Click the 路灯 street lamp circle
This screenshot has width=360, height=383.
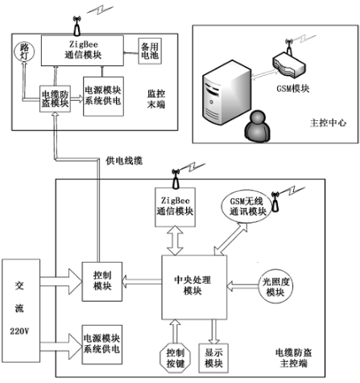[x=24, y=52]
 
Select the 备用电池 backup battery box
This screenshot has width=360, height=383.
[x=150, y=51]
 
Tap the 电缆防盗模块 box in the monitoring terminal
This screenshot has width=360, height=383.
[x=56, y=98]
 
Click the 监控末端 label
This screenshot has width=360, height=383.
[x=156, y=99]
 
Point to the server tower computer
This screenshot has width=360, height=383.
[x=226, y=93]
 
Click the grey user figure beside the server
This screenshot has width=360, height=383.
[x=257, y=127]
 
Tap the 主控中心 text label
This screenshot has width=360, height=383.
[x=328, y=123]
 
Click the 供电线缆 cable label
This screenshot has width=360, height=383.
[x=124, y=160]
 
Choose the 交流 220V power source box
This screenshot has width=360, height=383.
[x=21, y=310]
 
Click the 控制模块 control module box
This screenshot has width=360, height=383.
[x=102, y=281]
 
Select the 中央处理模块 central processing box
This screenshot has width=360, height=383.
[x=194, y=287]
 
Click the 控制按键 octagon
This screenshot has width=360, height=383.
[x=176, y=358]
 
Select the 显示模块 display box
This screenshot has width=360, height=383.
[x=213, y=358]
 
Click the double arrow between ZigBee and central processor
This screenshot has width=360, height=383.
[x=175, y=240]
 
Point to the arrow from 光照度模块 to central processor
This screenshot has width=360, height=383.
[x=243, y=285]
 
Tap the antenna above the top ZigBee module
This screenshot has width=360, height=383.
[x=77, y=26]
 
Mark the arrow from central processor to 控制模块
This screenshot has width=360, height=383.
[x=142, y=281]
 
